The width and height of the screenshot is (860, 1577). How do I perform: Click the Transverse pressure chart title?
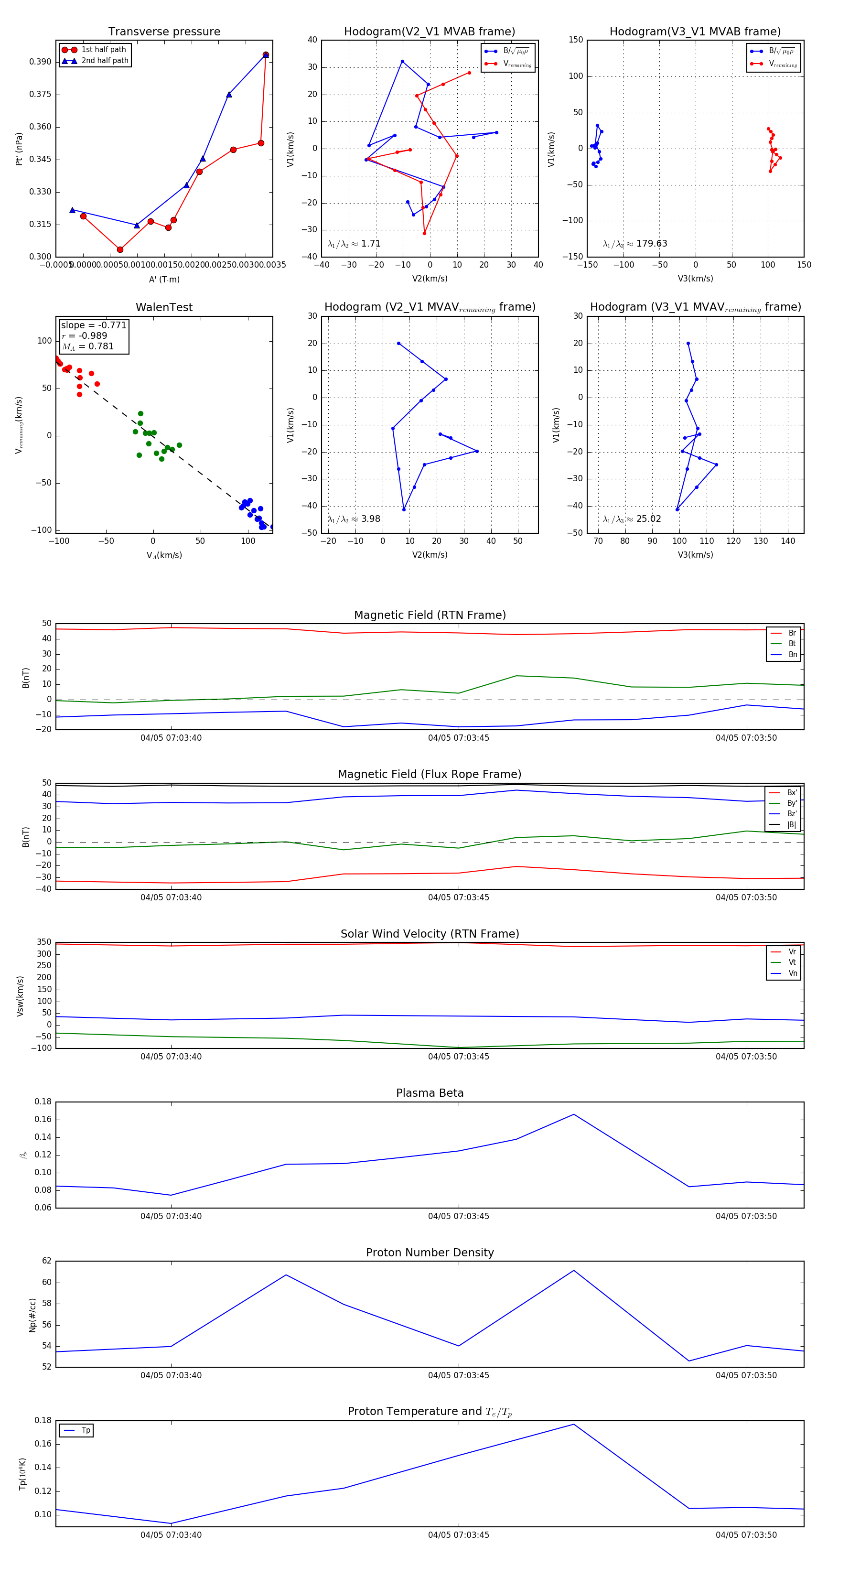[164, 32]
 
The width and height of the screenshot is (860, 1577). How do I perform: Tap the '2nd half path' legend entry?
[105, 61]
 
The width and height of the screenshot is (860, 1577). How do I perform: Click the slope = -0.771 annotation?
[94, 325]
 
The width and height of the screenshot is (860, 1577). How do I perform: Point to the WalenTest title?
[164, 307]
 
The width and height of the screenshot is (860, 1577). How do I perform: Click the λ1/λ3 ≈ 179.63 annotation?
[635, 244]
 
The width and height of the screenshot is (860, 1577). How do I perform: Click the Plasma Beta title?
[430, 1093]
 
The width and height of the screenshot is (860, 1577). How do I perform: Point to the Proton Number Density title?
[430, 1253]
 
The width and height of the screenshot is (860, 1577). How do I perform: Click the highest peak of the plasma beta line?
[573, 1114]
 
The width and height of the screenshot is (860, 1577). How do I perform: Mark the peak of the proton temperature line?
[573, 1425]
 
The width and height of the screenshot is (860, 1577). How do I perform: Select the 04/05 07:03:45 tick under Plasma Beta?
[459, 1216]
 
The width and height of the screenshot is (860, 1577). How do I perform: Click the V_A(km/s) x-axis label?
[164, 555]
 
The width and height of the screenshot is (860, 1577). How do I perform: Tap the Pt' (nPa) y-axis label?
[19, 149]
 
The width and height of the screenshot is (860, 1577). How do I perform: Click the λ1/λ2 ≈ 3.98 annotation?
[354, 519]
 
